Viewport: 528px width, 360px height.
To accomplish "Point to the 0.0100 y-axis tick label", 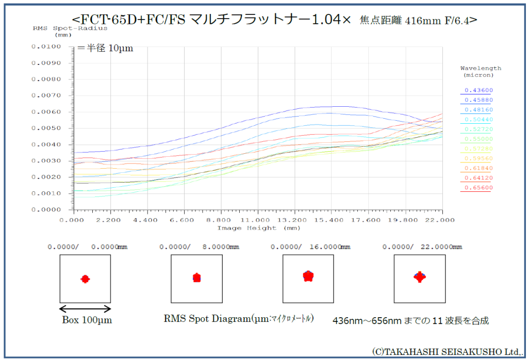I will pos(46,46).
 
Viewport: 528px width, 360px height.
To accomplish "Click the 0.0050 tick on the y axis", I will pos(46,128).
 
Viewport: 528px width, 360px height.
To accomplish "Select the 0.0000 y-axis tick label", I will pos(46,210).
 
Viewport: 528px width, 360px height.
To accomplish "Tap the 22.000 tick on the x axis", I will pos(442,220).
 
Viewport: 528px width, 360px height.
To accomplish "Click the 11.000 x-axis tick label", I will pos(258,220).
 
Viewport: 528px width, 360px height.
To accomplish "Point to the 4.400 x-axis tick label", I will pos(147,220).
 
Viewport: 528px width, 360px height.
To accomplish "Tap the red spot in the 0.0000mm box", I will pos(85,279).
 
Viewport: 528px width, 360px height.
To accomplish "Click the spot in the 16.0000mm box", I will pos(308,276).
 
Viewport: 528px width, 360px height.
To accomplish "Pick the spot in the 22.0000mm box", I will pos(420,277).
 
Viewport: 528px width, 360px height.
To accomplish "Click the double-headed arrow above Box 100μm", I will pos(85,309).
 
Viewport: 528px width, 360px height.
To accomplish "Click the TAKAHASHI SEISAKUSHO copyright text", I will pos(445,351).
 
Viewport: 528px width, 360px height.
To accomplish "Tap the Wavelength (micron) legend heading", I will pos(480,71).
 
